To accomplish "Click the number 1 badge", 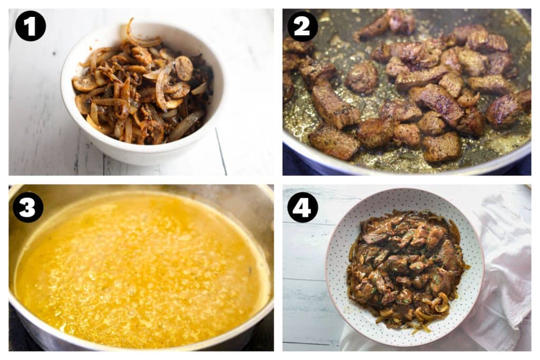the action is [30, 26].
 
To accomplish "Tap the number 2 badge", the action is [302, 26].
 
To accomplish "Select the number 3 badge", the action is [27, 207].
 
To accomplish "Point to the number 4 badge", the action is [302, 207].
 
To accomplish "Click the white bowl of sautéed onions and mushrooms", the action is [142, 93].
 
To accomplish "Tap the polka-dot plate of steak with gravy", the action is [405, 267].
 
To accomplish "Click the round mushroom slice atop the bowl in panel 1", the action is [184, 68].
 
